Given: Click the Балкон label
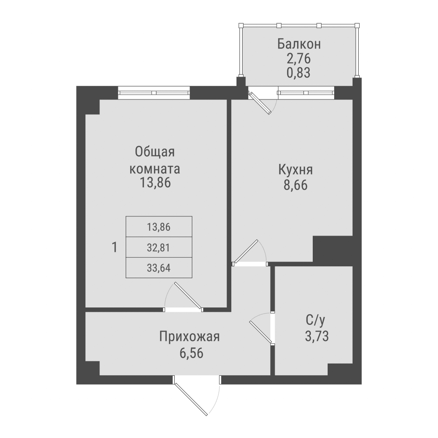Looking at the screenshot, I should (299, 44).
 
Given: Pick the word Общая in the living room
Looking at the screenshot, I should (155, 153).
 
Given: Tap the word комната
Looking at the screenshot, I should (155, 168).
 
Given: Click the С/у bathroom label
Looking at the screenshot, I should (316, 321).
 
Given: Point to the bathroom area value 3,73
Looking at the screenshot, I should (316, 336).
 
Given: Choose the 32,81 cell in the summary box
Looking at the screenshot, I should (159, 247).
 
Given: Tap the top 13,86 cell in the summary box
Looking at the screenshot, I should (159, 227).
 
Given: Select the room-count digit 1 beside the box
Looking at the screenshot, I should (114, 248).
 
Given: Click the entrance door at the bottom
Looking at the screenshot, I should (191, 397).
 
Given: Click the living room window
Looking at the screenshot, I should (154, 93).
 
